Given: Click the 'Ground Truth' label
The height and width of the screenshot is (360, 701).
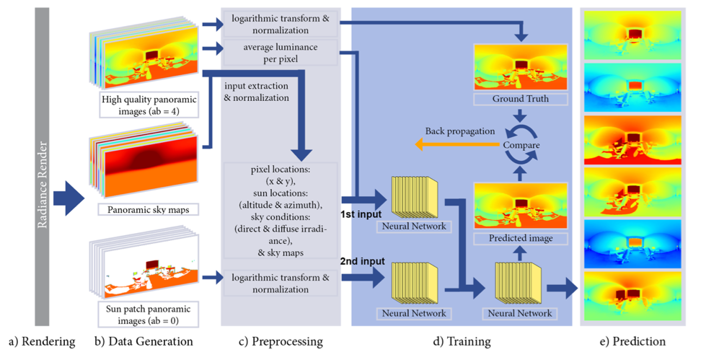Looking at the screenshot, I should (519, 99).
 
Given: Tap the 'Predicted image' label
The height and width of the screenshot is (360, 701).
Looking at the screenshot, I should (519, 237).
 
